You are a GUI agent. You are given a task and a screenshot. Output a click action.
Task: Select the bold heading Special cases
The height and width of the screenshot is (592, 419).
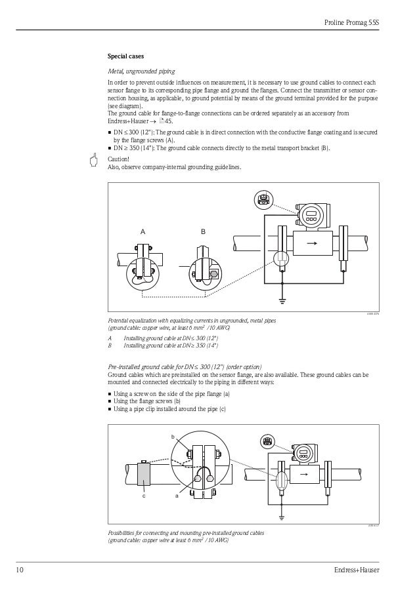click(x=126, y=56)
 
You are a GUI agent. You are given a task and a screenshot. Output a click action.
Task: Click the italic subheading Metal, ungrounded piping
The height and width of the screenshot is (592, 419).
click(x=141, y=71)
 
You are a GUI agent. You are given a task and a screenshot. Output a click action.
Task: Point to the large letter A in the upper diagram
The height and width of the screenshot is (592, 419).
click(x=143, y=232)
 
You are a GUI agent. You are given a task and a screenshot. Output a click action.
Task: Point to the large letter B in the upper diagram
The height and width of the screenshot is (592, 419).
click(x=203, y=232)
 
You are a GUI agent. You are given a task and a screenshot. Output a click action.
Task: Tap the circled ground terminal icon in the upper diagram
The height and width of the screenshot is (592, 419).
click(x=263, y=199)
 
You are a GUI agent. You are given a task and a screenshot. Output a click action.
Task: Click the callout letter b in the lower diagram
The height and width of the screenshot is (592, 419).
click(x=173, y=436)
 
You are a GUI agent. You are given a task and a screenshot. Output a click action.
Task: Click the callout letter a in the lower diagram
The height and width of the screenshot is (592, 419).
click(x=177, y=496)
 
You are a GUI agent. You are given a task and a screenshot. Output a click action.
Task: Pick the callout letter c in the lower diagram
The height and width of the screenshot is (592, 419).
click(x=143, y=496)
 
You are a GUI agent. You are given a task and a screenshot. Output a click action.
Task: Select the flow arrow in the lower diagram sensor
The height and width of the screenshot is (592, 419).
click(x=303, y=473)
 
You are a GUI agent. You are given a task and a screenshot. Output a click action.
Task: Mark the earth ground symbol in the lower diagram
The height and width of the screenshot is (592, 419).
click(x=281, y=517)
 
